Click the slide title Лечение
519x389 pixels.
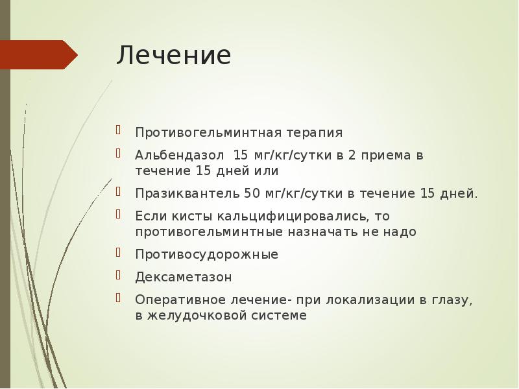(x=173, y=56)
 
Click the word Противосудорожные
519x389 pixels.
(x=207, y=254)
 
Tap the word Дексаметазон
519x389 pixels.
(x=184, y=277)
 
